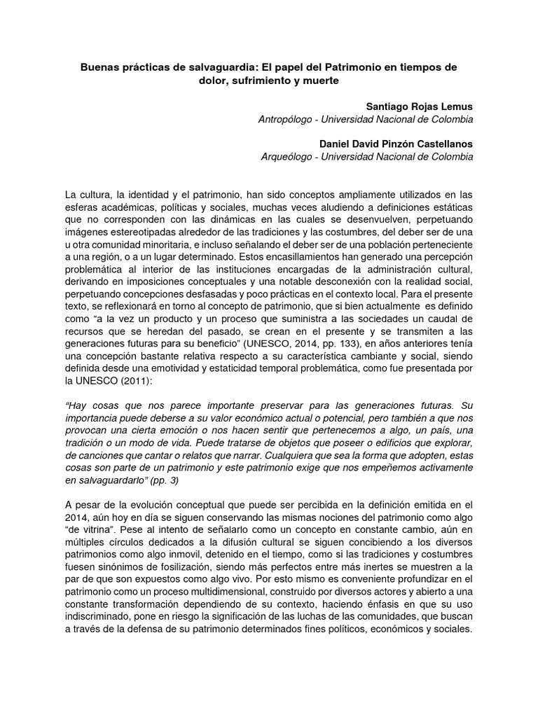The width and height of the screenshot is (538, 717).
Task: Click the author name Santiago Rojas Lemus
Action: pos(420,106)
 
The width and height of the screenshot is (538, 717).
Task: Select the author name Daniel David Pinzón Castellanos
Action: pos(396,144)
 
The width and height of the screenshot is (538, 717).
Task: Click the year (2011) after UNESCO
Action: pos(132,363)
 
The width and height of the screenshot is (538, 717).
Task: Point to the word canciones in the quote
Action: pos(99,454)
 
